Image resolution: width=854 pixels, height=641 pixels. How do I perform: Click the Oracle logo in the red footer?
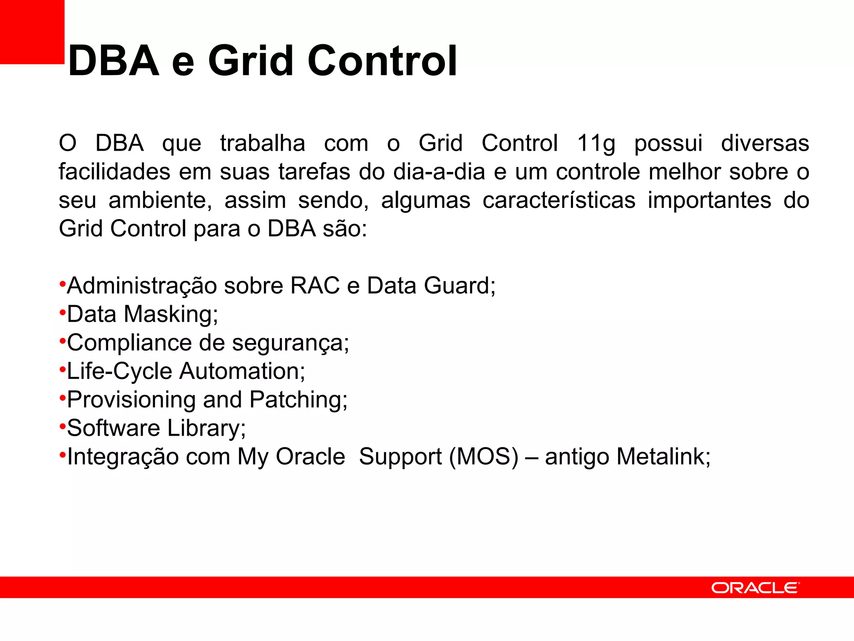pyautogui.click(x=755, y=588)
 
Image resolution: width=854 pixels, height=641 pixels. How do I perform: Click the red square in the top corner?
pyautogui.click(x=32, y=32)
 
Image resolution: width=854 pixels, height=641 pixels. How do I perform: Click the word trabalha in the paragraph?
pyautogui.click(x=262, y=143)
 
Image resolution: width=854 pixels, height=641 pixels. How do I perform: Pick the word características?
pyautogui.click(x=559, y=200)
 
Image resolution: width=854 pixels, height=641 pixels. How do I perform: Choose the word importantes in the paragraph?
pyautogui.click(x=709, y=200)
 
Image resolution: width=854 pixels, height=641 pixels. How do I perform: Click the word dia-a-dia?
pyautogui.click(x=439, y=172)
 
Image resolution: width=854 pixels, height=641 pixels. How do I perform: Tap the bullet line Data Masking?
pyautogui.click(x=142, y=314)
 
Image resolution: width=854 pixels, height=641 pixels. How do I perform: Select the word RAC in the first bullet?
pyautogui.click(x=315, y=286)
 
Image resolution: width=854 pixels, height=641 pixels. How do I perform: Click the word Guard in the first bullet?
pyautogui.click(x=457, y=286)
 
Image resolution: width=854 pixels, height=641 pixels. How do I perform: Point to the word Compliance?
pyautogui.click(x=129, y=343)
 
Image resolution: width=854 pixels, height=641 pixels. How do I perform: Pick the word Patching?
pyautogui.click(x=298, y=400)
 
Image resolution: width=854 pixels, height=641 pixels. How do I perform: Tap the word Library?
pyautogui.click(x=206, y=428)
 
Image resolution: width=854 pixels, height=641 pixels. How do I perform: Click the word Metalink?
pyautogui.click(x=663, y=457)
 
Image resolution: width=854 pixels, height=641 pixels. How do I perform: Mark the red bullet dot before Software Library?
pyautogui.click(x=63, y=426)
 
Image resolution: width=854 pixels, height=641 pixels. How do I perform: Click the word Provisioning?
pyautogui.click(x=131, y=400)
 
